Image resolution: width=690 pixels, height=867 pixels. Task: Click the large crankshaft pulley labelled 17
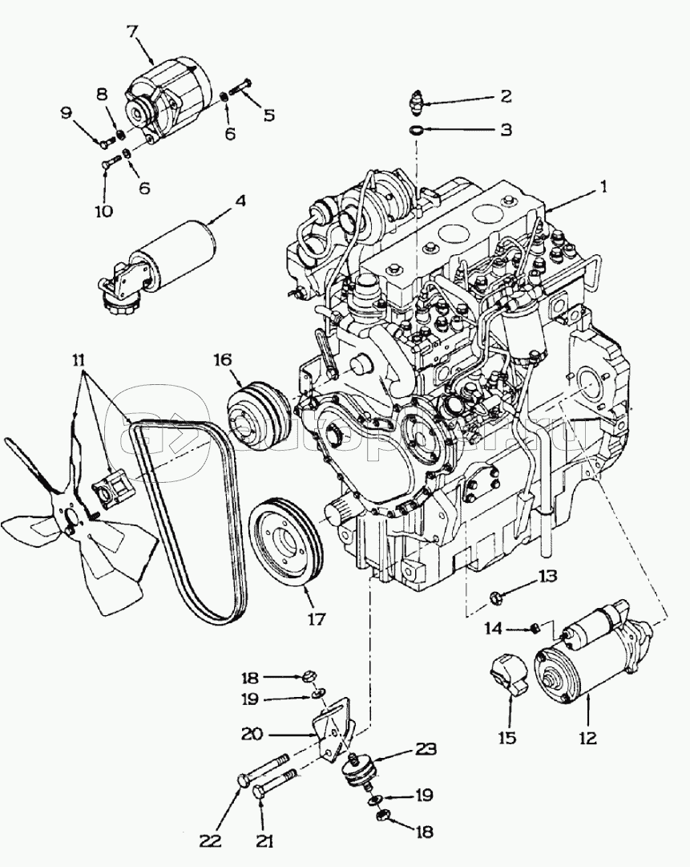tap(285, 545)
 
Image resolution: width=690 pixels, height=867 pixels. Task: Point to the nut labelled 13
tap(496, 597)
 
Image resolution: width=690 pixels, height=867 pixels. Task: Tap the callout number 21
tap(266, 841)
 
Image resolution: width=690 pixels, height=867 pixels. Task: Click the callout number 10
tap(105, 211)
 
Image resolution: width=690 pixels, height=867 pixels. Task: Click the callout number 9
tap(66, 113)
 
